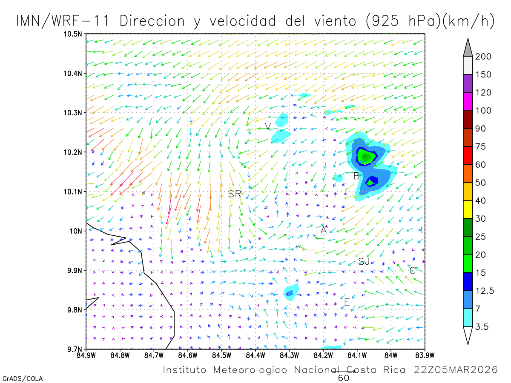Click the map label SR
coord(235,194)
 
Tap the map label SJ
coord(364,261)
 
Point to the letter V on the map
coord(267,126)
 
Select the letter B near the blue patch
coord(356,176)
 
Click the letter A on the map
coord(324,230)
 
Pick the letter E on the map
coord(347,302)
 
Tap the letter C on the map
coord(412,270)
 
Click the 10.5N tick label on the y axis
coord(73,34)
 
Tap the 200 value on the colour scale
coord(483,57)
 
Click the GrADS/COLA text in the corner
coord(23,378)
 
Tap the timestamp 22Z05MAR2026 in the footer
coord(456,370)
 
